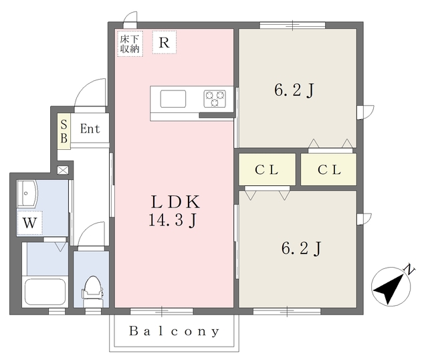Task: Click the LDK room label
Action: click(x=176, y=201)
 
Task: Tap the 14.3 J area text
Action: click(x=173, y=220)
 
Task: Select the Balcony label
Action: click(x=174, y=331)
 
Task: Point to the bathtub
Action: click(x=45, y=292)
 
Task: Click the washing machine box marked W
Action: click(x=29, y=223)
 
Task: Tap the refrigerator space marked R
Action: click(x=165, y=42)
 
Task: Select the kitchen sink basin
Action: click(x=173, y=98)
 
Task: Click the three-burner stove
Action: click(x=215, y=98)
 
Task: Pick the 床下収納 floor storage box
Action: click(x=130, y=43)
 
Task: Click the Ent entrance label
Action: click(x=90, y=128)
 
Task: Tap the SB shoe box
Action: click(x=64, y=131)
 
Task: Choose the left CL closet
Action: click(x=267, y=169)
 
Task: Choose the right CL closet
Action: click(x=328, y=169)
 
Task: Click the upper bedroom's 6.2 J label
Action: click(x=294, y=90)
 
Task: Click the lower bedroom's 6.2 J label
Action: click(x=302, y=248)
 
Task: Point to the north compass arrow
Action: click(x=389, y=288)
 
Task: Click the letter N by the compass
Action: click(x=409, y=270)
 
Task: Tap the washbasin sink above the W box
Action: click(x=27, y=193)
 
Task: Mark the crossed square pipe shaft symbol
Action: click(x=62, y=170)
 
